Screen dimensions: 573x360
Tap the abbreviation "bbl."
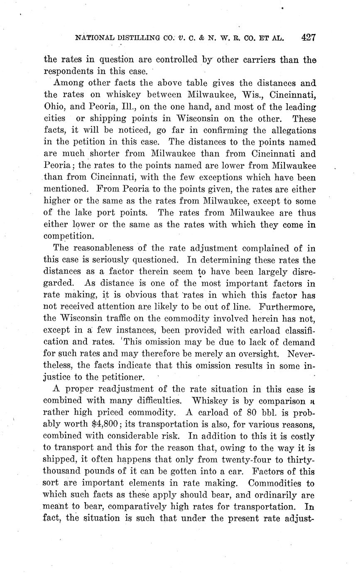259,413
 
